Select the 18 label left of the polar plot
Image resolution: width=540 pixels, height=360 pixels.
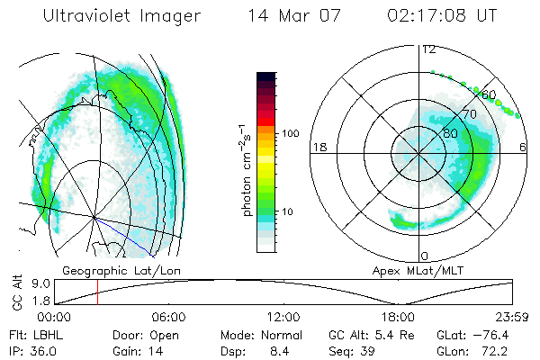[x=318, y=147]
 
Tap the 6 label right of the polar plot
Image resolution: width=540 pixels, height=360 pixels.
[x=523, y=147]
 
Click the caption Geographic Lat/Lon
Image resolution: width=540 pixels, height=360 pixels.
[x=107, y=270]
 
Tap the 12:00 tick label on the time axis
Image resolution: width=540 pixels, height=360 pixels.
[x=283, y=317]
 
